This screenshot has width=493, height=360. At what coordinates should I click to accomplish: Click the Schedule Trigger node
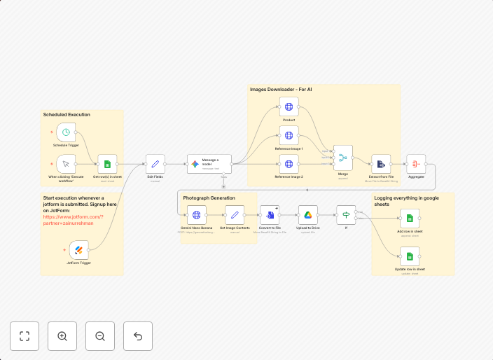[66, 132]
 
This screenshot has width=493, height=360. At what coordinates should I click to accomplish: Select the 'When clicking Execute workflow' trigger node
[66, 164]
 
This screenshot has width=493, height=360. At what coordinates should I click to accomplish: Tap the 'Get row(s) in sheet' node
[107, 164]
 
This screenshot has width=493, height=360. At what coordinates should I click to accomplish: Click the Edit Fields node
[155, 164]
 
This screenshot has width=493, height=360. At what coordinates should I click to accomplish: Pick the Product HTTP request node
[289, 106]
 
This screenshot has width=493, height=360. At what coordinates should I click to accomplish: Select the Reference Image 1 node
[289, 135]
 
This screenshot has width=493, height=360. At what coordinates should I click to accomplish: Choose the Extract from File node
[381, 164]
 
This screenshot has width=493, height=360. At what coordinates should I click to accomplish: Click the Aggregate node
[416, 164]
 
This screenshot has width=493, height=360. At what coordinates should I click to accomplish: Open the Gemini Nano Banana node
[197, 216]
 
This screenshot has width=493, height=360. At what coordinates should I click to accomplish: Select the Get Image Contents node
[235, 216]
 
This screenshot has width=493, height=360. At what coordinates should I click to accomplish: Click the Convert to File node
[270, 216]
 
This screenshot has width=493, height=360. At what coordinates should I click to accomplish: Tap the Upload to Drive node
[307, 216]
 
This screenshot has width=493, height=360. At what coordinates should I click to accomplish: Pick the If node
[346, 216]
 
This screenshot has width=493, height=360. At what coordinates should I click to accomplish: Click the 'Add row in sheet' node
[410, 219]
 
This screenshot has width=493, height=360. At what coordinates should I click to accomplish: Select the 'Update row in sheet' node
[410, 256]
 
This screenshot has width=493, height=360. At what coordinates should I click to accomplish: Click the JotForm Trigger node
[78, 249]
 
